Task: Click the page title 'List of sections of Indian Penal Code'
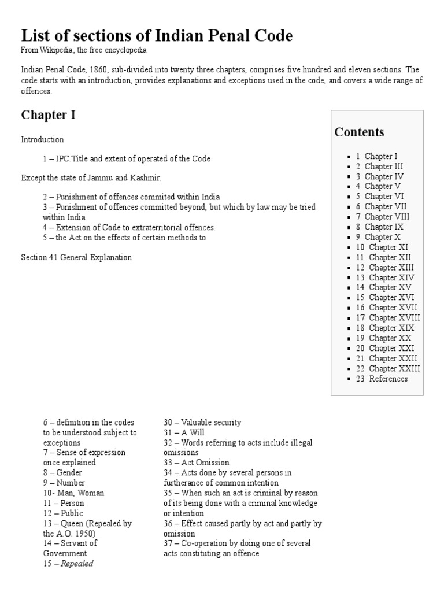[x=157, y=36]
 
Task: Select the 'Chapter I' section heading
[x=48, y=114]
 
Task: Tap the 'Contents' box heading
[x=359, y=132]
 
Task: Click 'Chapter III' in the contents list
[x=384, y=166]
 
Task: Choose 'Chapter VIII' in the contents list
[x=386, y=217]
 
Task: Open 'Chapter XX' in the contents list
[x=391, y=338]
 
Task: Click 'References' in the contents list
[x=388, y=379]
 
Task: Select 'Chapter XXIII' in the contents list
[x=394, y=368]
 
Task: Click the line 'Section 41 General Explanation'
[x=76, y=257]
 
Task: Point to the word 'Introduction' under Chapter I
[x=42, y=139]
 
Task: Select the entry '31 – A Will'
[x=184, y=432]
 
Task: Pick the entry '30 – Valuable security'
[x=202, y=422]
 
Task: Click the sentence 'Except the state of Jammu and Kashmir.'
[x=91, y=177]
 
